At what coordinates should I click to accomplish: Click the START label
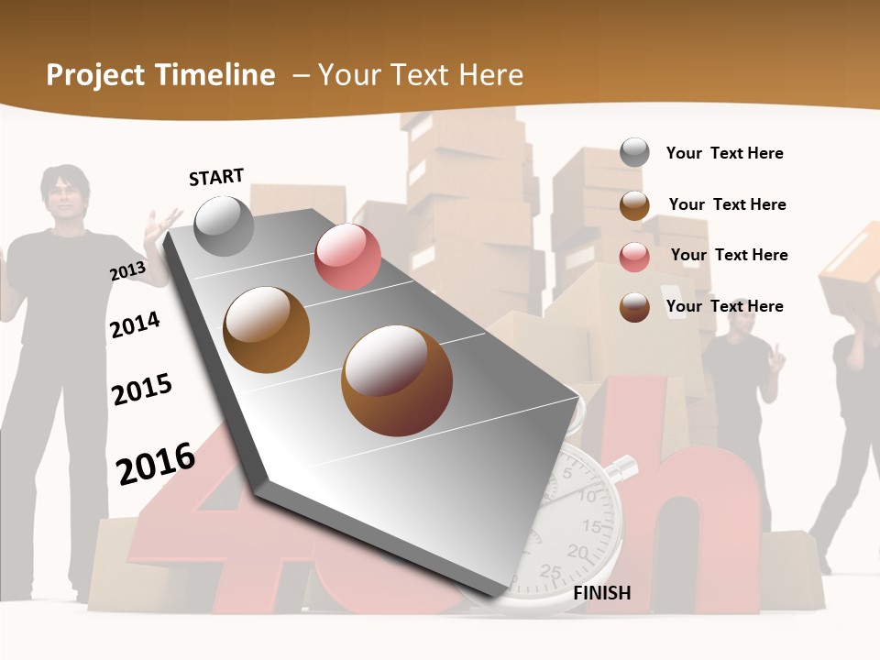[216, 177]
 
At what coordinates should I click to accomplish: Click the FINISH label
[601, 593]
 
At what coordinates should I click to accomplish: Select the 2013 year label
[127, 271]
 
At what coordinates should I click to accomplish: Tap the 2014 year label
[135, 324]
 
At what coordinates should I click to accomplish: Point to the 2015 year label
[142, 390]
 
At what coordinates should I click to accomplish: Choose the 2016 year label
[156, 463]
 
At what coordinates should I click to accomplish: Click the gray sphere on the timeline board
[225, 225]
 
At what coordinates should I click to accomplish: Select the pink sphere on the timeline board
[347, 256]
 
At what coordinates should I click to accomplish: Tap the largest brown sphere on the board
[396, 379]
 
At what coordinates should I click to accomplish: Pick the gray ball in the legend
[634, 152]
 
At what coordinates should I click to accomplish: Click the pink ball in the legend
[634, 256]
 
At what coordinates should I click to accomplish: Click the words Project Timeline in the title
[160, 75]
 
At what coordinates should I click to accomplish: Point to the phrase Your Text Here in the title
[421, 75]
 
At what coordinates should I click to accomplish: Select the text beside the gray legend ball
[724, 153]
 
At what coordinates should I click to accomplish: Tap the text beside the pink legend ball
[729, 255]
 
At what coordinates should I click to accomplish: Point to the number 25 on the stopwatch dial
[551, 571]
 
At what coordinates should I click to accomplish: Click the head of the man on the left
[62, 195]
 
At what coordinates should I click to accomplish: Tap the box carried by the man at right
[852, 260]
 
